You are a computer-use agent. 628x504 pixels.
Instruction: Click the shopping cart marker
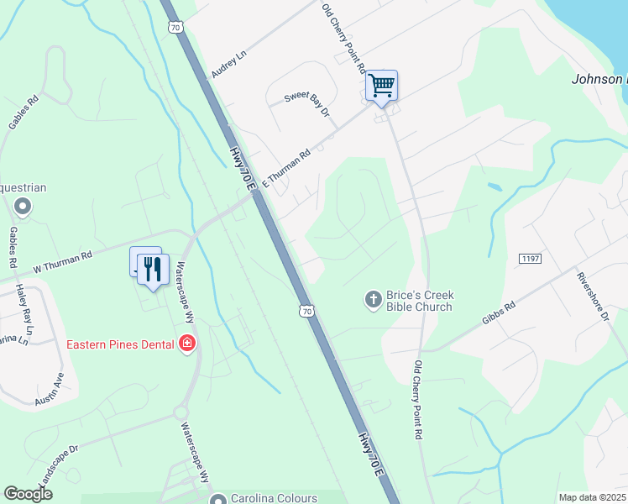381,86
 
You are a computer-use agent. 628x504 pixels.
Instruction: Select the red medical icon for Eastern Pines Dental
186,344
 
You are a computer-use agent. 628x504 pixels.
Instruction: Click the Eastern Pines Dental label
121,344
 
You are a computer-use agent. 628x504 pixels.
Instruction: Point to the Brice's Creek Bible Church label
420,301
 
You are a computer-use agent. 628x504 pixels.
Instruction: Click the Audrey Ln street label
229,64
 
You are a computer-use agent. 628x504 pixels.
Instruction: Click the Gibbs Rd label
498,312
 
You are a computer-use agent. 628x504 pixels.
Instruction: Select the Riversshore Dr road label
593,296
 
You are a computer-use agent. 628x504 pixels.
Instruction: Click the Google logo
29,495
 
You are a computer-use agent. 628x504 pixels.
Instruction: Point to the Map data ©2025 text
591,497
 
